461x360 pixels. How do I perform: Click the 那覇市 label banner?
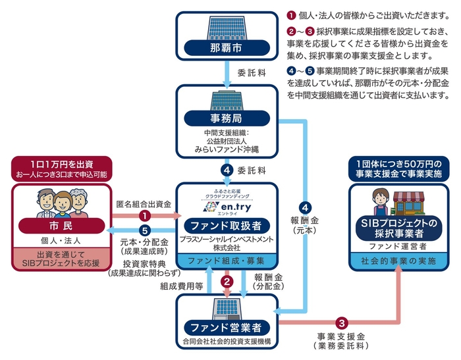point(227,48)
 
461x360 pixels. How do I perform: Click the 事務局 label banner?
point(227,119)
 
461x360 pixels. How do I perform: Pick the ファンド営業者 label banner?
point(227,327)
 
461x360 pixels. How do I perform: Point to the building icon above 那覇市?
point(227,26)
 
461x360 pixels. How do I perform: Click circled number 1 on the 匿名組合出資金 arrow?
point(146,215)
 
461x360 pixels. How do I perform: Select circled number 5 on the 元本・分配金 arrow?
point(146,230)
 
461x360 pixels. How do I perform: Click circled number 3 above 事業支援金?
point(342,322)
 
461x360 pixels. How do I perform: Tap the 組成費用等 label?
point(178,286)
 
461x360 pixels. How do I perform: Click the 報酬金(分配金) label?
point(269,282)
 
